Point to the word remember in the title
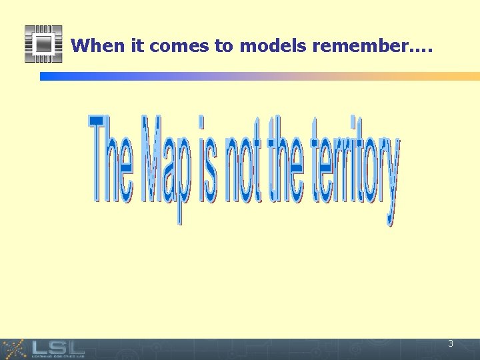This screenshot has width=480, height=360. [x=360, y=45]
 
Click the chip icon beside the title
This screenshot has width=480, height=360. [x=43, y=44]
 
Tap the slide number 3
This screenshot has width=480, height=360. [x=451, y=344]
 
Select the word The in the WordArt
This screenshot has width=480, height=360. [x=111, y=160]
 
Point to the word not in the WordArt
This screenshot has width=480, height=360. [x=245, y=160]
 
